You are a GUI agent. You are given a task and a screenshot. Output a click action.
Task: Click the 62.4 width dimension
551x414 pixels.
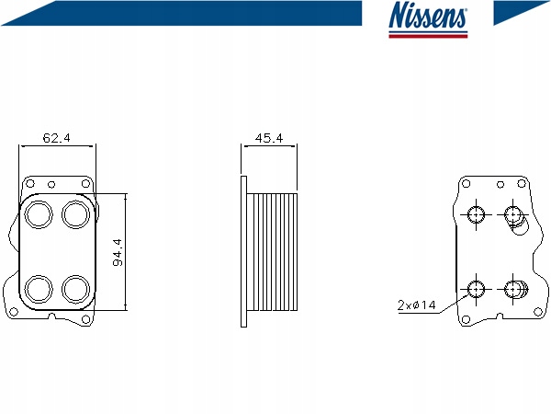pyautogui.click(x=57, y=138)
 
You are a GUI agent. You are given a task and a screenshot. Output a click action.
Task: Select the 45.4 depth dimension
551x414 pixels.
pyautogui.click(x=267, y=138)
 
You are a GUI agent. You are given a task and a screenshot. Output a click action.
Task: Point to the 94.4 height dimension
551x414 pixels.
pyautogui.click(x=118, y=252)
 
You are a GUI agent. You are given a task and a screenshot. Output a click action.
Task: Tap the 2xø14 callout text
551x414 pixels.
pyautogui.click(x=416, y=304)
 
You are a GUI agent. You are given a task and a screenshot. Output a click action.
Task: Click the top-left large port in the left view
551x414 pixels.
pyautogui.click(x=39, y=215)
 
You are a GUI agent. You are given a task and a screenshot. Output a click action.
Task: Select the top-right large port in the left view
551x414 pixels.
pyautogui.click(x=74, y=215)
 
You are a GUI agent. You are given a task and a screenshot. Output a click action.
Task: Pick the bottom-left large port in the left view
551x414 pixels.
pyautogui.click(x=39, y=289)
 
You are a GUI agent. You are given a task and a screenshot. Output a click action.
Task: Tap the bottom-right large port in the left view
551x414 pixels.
pyautogui.click(x=74, y=289)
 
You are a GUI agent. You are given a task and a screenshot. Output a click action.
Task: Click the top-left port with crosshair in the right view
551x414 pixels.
pyautogui.click(x=477, y=215)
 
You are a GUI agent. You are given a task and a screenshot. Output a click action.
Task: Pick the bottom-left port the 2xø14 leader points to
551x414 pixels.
pyautogui.click(x=477, y=289)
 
